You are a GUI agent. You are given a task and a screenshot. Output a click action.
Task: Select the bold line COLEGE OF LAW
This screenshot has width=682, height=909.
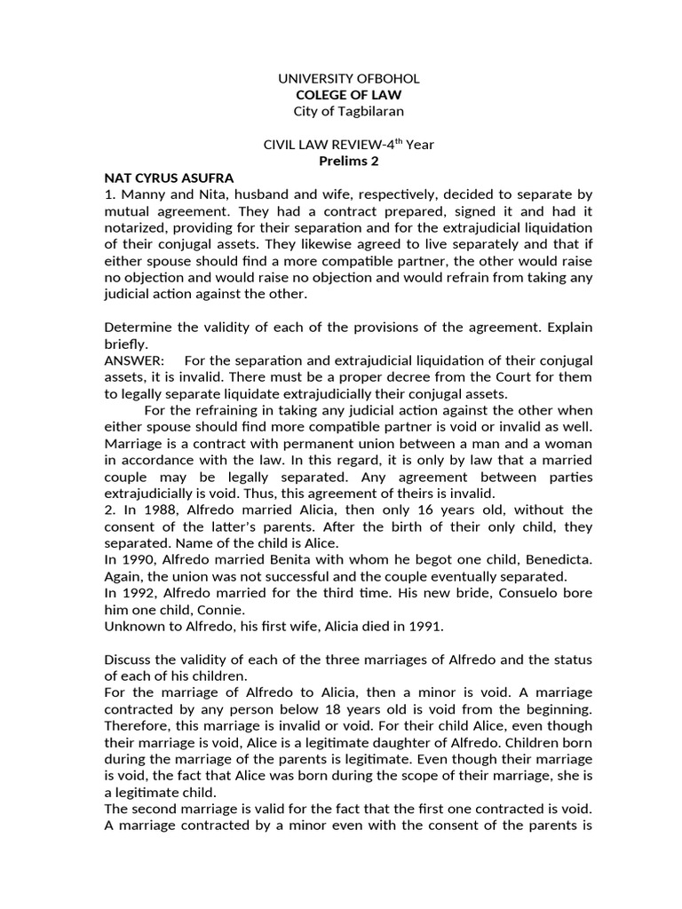coord(342,95)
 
